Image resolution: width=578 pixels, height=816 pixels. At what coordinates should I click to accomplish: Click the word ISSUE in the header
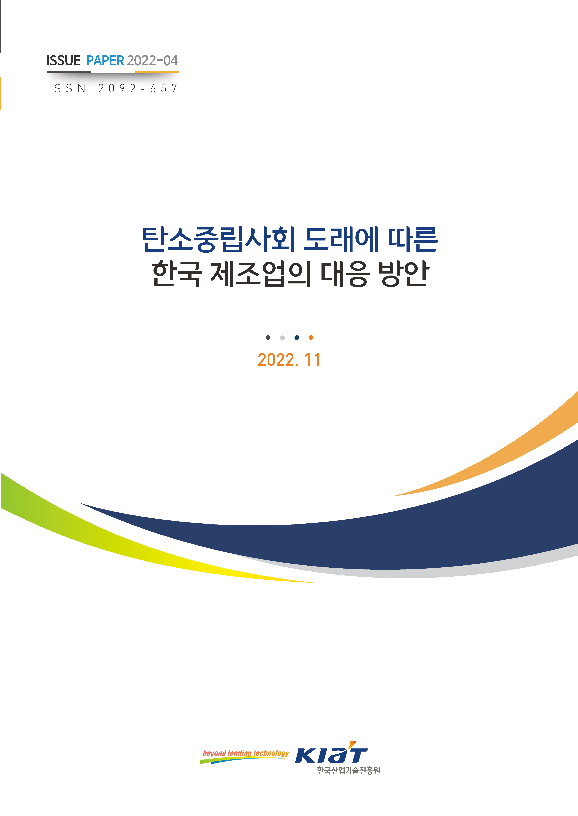point(64,61)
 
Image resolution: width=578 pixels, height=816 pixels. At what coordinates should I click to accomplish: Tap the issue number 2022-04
point(152,61)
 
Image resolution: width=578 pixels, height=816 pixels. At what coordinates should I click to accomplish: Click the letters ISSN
point(66,89)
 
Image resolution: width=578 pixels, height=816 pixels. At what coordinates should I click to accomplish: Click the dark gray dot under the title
point(268,337)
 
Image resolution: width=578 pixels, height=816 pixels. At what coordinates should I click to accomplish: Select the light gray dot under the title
point(282,337)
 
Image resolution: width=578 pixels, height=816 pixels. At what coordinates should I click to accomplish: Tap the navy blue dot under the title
point(297,337)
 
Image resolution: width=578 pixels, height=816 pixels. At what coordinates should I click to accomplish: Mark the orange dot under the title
point(311,337)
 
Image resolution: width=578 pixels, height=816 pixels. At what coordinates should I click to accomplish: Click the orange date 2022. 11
point(289,360)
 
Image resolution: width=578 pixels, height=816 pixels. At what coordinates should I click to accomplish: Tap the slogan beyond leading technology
point(246,753)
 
